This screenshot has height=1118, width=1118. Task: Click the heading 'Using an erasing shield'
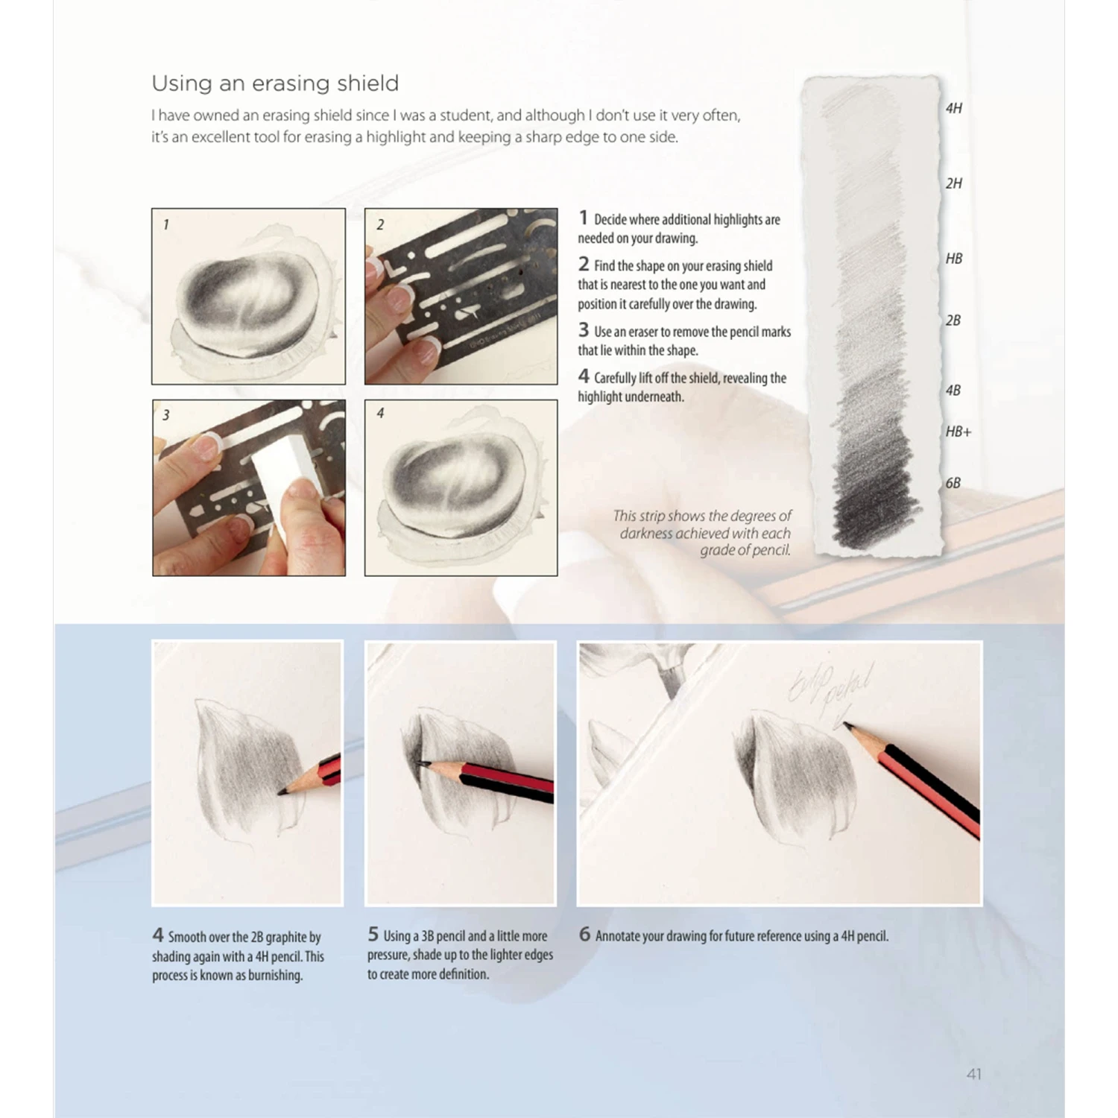click(x=275, y=83)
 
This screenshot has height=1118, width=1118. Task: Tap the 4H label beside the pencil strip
click(x=953, y=108)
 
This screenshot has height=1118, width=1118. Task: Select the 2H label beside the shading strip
click(x=953, y=183)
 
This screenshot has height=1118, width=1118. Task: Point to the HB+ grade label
click(x=958, y=432)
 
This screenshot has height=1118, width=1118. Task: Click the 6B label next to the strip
click(x=953, y=483)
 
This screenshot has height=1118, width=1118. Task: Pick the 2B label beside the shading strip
click(x=953, y=320)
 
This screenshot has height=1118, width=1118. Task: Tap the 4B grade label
click(x=953, y=391)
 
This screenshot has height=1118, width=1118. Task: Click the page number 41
click(x=973, y=1074)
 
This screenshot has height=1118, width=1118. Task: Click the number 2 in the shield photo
click(x=380, y=224)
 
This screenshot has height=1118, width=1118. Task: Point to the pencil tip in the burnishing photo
click(x=280, y=792)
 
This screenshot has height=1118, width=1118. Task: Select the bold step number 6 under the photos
click(x=584, y=934)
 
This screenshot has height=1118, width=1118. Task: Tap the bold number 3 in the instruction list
click(x=584, y=329)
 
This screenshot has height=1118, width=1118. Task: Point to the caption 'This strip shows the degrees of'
click(x=702, y=516)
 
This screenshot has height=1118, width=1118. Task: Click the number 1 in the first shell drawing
click(x=165, y=224)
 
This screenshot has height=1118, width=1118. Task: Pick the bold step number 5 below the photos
click(x=373, y=934)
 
